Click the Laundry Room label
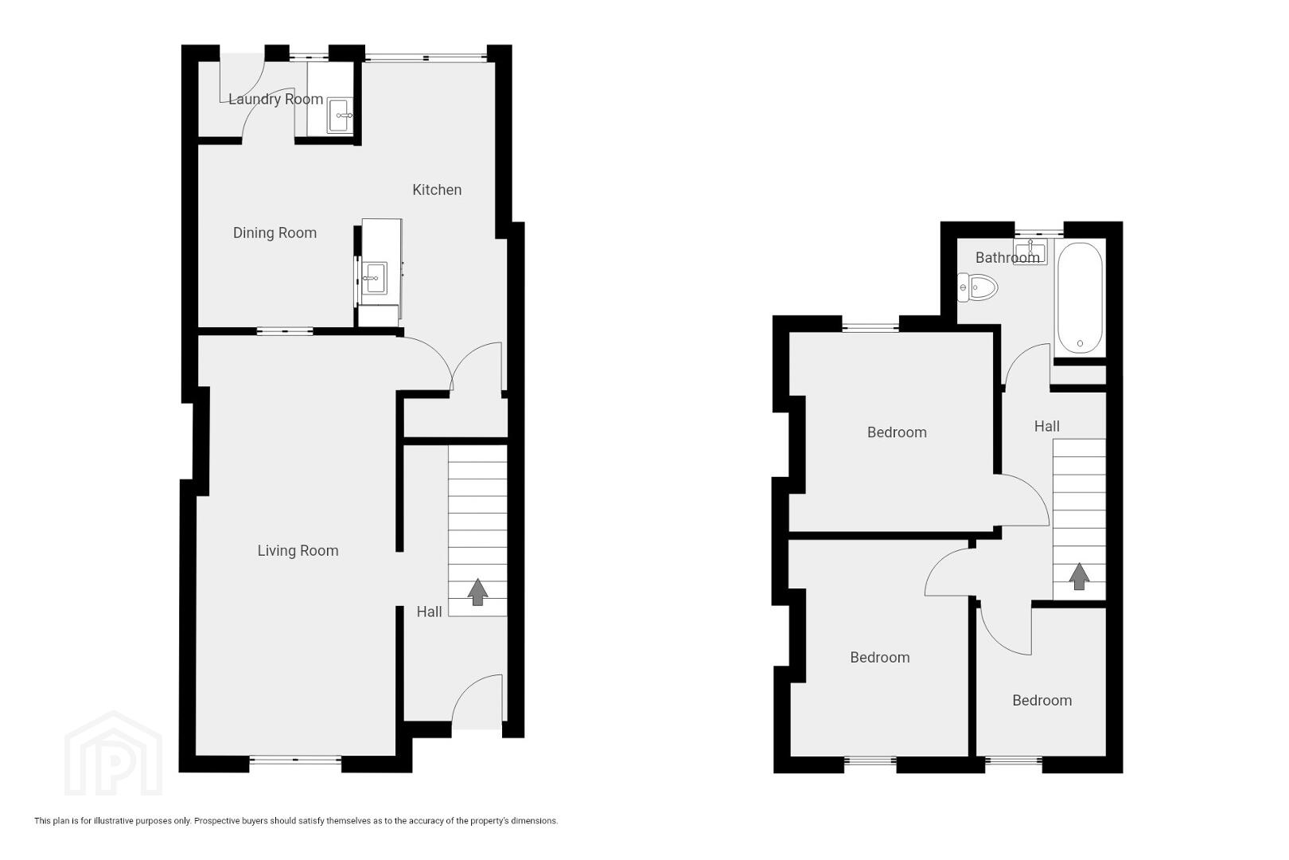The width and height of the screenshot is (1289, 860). click(x=275, y=99)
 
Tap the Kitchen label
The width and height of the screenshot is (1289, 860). click(x=437, y=190)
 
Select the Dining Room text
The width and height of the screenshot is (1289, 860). click(x=275, y=233)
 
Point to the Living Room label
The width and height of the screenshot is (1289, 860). click(x=298, y=551)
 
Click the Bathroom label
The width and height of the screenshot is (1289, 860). click(x=1007, y=257)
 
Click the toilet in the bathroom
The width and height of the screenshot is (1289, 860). click(x=977, y=287)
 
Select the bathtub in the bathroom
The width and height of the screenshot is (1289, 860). click(x=1080, y=298)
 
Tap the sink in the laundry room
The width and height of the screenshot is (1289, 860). click(x=340, y=115)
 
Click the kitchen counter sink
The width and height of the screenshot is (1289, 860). click(x=376, y=278)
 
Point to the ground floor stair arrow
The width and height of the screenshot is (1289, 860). click(x=477, y=592)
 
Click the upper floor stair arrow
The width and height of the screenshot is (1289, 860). click(x=1079, y=576)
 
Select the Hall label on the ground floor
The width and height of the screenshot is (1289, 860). click(x=430, y=612)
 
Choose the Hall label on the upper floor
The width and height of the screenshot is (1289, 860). click(x=1047, y=426)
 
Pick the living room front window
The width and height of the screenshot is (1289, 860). click(x=295, y=760)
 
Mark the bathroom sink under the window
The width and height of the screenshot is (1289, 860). click(x=1030, y=252)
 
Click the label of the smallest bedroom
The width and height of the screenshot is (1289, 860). click(x=1042, y=701)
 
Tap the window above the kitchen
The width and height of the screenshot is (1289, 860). click(x=426, y=57)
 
